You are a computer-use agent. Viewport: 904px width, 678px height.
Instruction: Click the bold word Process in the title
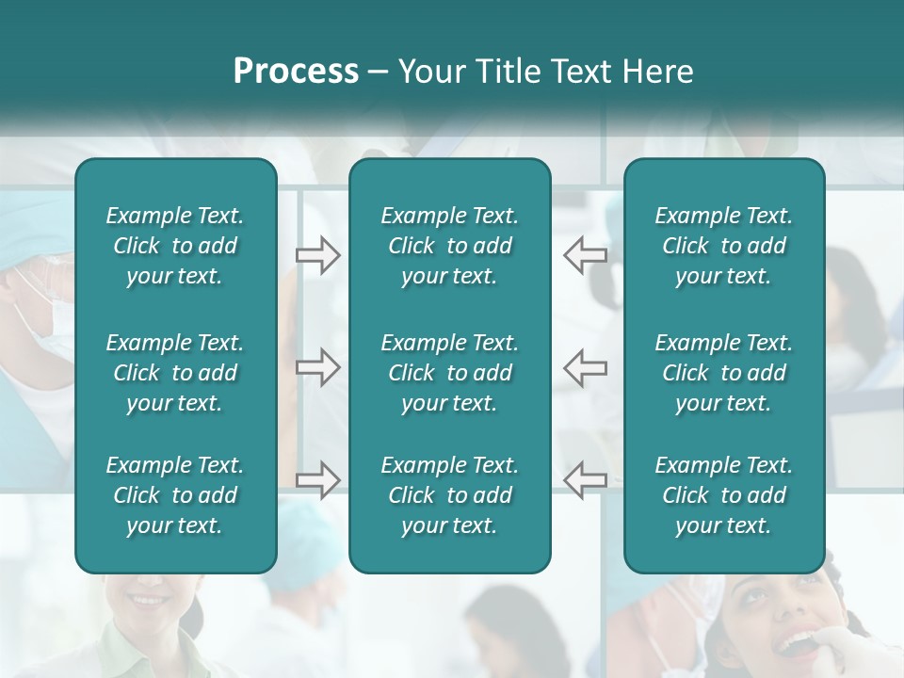(x=296, y=72)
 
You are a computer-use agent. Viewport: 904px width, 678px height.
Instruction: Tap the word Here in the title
(x=658, y=72)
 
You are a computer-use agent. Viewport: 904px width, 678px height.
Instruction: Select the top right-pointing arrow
(x=317, y=254)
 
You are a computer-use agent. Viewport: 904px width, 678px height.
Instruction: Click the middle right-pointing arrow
(x=317, y=366)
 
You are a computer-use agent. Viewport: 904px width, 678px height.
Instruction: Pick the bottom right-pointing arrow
(x=317, y=479)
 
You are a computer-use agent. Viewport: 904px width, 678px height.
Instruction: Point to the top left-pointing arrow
(x=585, y=254)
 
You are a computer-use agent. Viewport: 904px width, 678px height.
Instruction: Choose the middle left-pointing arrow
(x=585, y=366)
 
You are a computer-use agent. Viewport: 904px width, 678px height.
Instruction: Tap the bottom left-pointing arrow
(x=585, y=479)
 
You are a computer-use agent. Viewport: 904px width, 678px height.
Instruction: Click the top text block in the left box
(x=175, y=246)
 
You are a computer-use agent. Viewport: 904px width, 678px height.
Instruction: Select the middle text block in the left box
(x=175, y=373)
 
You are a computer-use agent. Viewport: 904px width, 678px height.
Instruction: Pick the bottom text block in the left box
(x=175, y=495)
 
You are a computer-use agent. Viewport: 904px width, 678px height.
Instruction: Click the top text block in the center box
(x=449, y=246)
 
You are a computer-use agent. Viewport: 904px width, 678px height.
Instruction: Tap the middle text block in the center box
(x=449, y=373)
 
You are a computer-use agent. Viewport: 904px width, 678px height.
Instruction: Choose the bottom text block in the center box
(x=449, y=495)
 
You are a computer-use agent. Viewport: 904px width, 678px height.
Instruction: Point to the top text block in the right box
(x=723, y=246)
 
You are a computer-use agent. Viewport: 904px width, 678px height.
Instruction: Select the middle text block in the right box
(x=723, y=373)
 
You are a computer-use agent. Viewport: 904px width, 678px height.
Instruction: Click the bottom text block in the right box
(x=723, y=495)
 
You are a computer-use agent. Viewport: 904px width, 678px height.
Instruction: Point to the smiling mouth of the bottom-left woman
(x=147, y=599)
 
